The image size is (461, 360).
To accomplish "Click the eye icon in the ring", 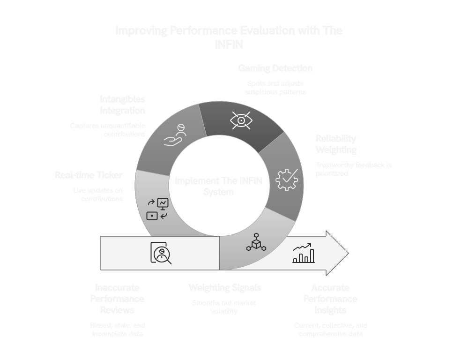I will pos(241,120).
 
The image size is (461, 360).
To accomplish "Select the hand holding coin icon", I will pos(176,136).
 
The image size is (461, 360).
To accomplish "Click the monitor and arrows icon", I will pos(157,209).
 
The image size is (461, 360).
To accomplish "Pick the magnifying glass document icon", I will pos(161,253).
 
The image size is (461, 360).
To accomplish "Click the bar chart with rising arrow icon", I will pos(304,253).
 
